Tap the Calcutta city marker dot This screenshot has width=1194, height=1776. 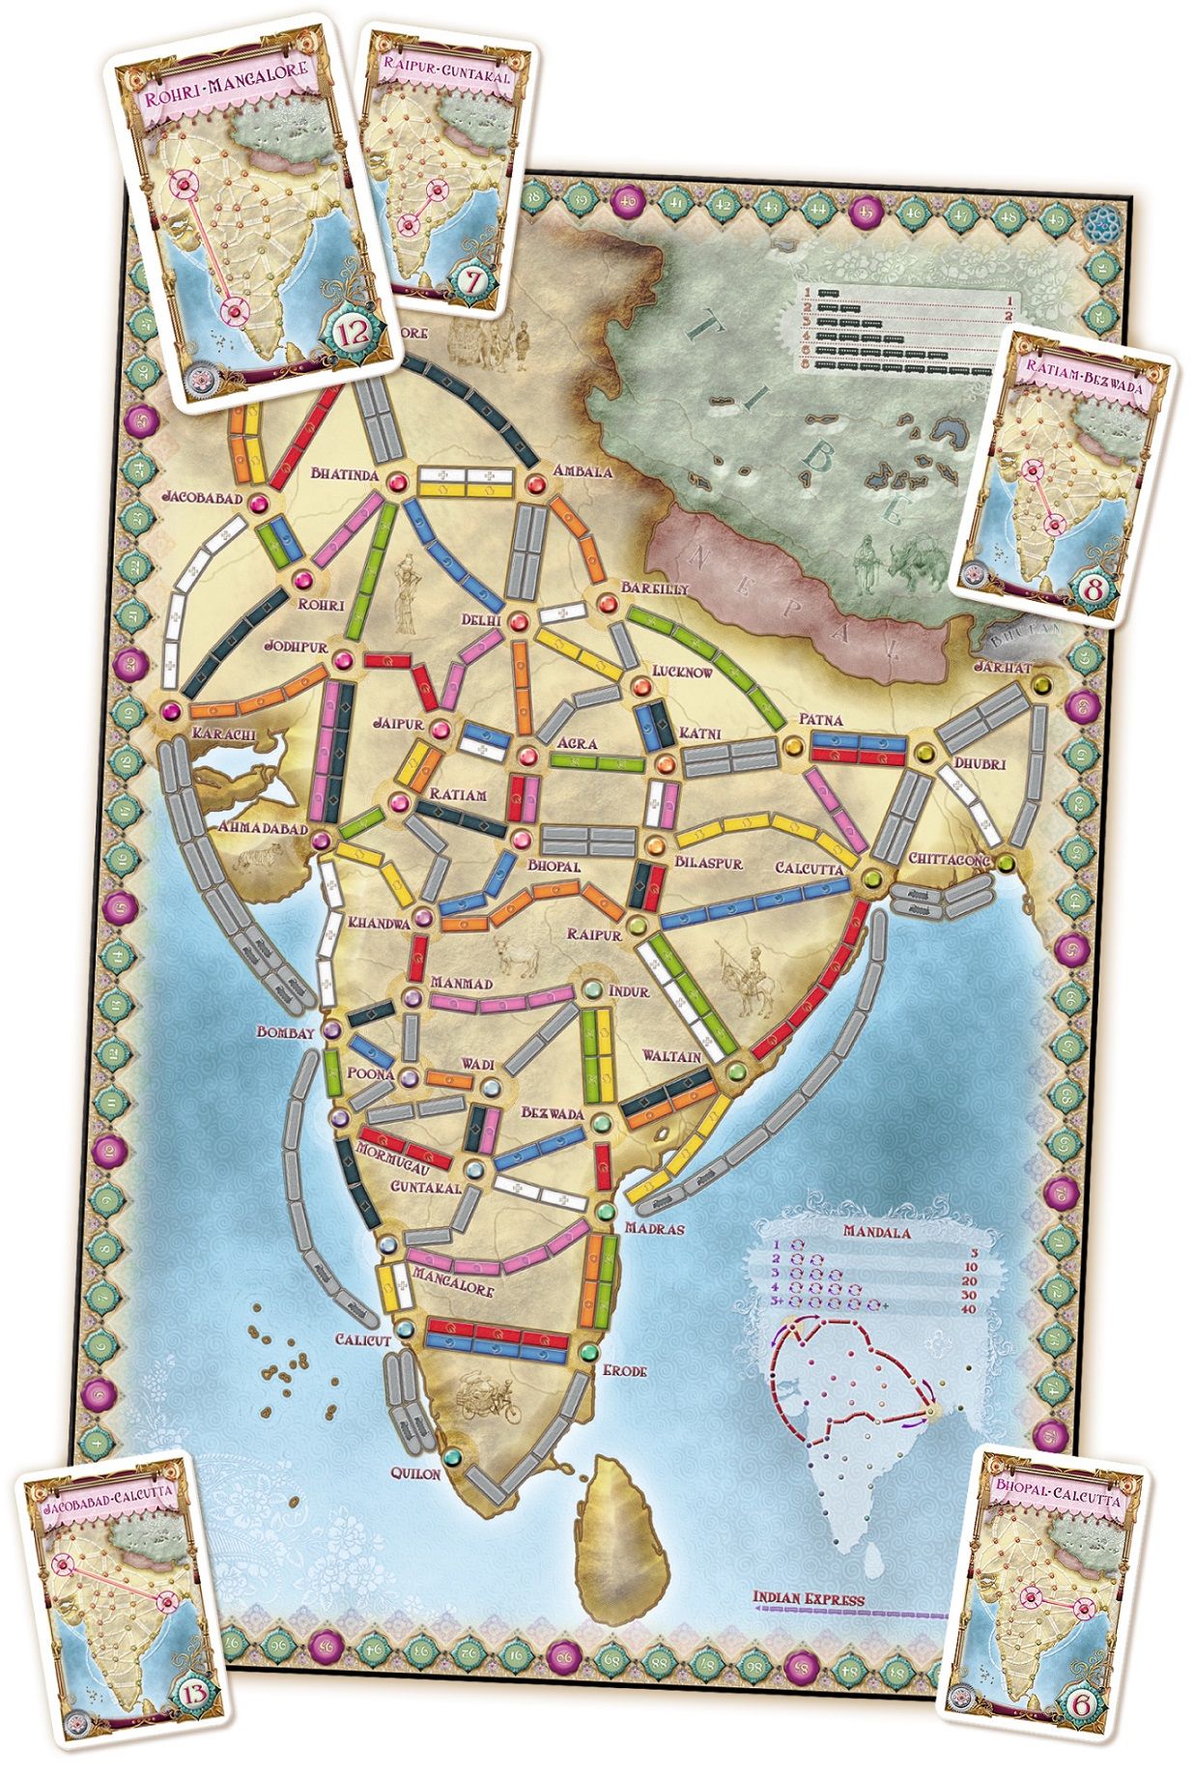click(871, 878)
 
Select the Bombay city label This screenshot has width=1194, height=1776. click(286, 1032)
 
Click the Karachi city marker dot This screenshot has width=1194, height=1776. click(173, 711)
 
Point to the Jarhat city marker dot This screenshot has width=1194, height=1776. click(1039, 686)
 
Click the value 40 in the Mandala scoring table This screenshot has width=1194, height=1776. click(969, 1308)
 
